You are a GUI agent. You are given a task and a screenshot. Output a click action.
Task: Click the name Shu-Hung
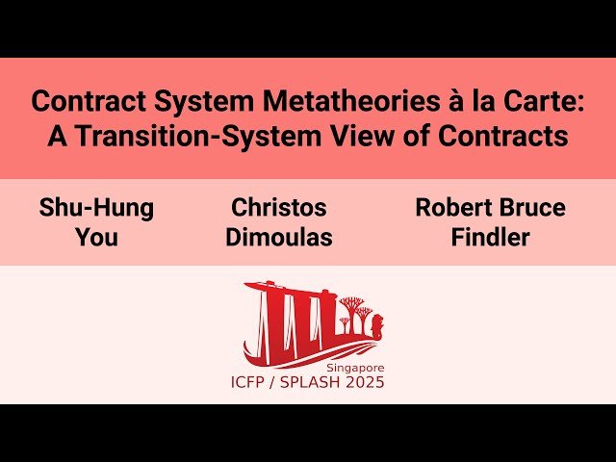pyautogui.click(x=96, y=207)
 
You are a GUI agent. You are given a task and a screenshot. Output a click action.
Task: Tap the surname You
pyautogui.click(x=96, y=237)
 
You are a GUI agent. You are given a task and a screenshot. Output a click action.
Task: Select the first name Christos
pyautogui.click(x=279, y=207)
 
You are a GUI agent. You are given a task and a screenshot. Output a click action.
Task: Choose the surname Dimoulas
pyautogui.click(x=279, y=237)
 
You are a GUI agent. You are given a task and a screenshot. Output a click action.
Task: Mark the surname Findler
pyautogui.click(x=491, y=237)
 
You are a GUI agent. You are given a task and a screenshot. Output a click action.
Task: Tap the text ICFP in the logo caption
pyautogui.click(x=253, y=383)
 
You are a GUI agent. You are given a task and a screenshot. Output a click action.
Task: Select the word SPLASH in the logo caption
pyautogui.click(x=319, y=383)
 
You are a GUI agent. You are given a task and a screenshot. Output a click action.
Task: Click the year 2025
pyautogui.click(x=367, y=383)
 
